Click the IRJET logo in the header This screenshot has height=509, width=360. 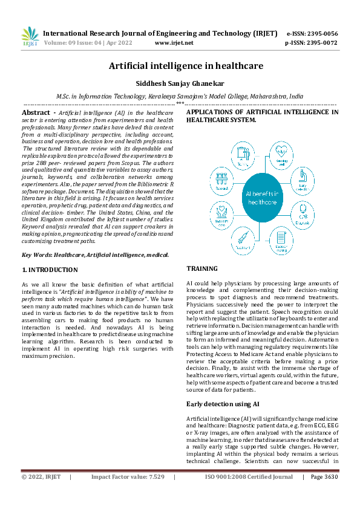click(30, 36)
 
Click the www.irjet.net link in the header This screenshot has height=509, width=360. click(174, 43)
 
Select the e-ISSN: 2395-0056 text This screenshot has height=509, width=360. click(312, 33)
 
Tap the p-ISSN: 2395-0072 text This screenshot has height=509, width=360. click(312, 43)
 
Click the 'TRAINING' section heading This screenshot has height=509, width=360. click(203, 268)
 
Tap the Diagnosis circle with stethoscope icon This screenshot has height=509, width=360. click(302, 212)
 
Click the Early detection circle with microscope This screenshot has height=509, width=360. click(303, 179)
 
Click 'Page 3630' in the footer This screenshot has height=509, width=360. click(324, 477)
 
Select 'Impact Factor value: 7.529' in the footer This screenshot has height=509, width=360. click(128, 477)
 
